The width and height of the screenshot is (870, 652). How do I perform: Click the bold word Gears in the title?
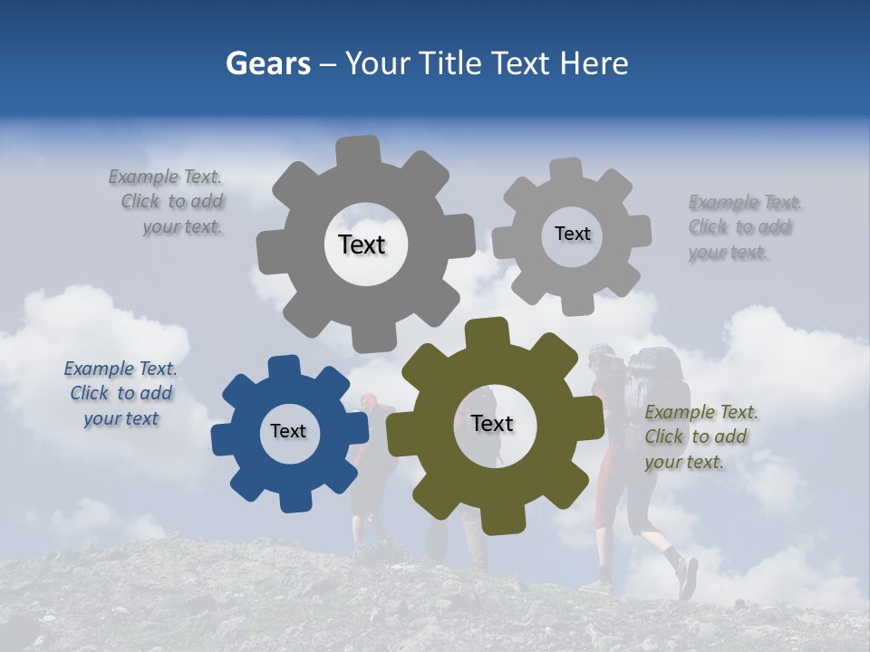(267, 63)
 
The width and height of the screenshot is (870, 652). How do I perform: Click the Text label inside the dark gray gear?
(362, 244)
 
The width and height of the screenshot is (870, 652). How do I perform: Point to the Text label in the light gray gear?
(572, 234)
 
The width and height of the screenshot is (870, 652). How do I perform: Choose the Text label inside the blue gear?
(288, 431)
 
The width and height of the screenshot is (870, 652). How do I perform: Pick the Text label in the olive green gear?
(492, 423)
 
